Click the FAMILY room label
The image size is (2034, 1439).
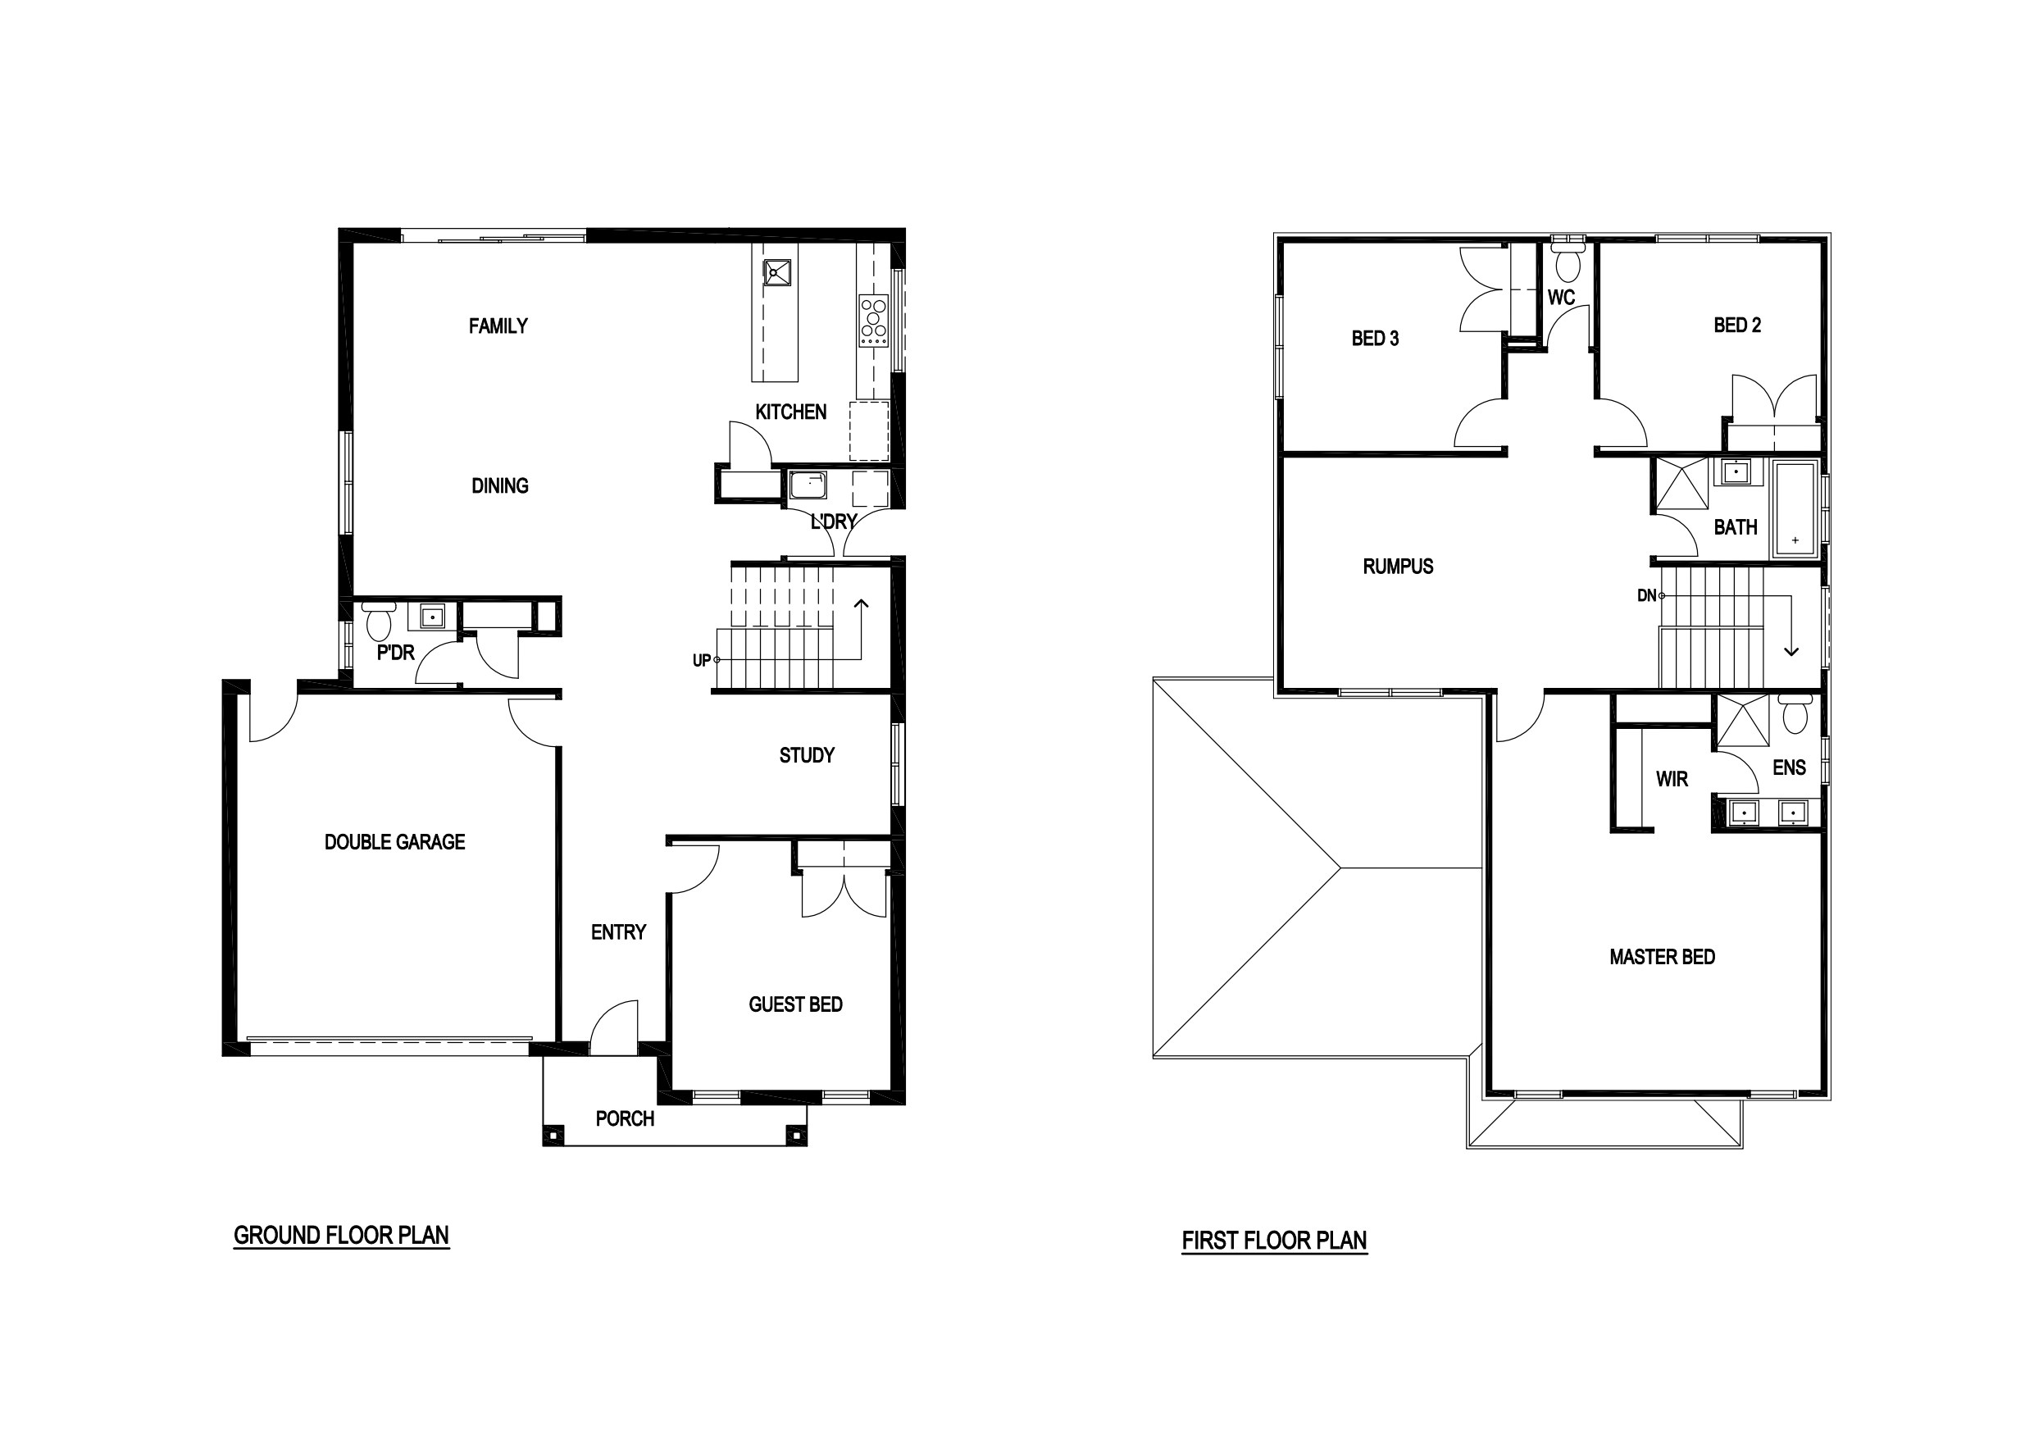[498, 326]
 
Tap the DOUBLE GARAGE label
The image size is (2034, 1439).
[394, 842]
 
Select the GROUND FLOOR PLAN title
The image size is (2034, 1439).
[341, 1235]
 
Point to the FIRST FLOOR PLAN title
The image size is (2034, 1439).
[1274, 1241]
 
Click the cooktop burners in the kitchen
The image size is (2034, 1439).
[873, 320]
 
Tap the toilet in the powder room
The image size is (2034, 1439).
[378, 622]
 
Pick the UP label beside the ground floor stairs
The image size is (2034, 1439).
[702, 660]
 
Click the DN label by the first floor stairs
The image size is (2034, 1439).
[1646, 595]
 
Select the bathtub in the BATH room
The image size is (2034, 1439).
[1794, 508]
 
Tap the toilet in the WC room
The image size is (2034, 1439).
[1569, 259]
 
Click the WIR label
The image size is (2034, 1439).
[1672, 779]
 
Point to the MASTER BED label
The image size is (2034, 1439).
[1662, 957]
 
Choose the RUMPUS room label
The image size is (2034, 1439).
[1398, 567]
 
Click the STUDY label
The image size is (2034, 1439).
[806, 756]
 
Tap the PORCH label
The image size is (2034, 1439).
[625, 1119]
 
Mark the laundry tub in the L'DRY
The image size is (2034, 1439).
[808, 485]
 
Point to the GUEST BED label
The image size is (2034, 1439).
[794, 1004]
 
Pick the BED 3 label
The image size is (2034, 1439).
[1375, 339]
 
